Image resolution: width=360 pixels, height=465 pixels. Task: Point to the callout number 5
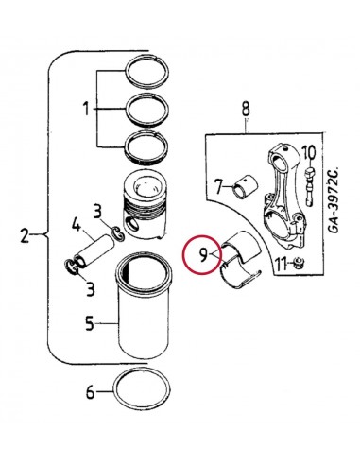[x=89, y=324]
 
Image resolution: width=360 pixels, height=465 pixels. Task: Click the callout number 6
[x=90, y=390]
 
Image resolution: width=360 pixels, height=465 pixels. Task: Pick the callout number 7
[x=217, y=184]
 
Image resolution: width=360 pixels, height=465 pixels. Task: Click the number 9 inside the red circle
[x=201, y=253]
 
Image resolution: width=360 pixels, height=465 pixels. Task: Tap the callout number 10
[x=309, y=151]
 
